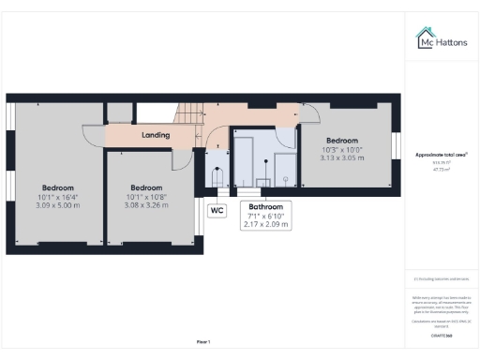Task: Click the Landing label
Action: [156, 135]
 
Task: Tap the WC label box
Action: [217, 211]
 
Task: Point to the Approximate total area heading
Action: [442, 155]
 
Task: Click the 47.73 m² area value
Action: [442, 170]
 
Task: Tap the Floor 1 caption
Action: [202, 340]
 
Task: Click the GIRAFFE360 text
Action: [442, 335]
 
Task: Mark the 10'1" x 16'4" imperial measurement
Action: [58, 195]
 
